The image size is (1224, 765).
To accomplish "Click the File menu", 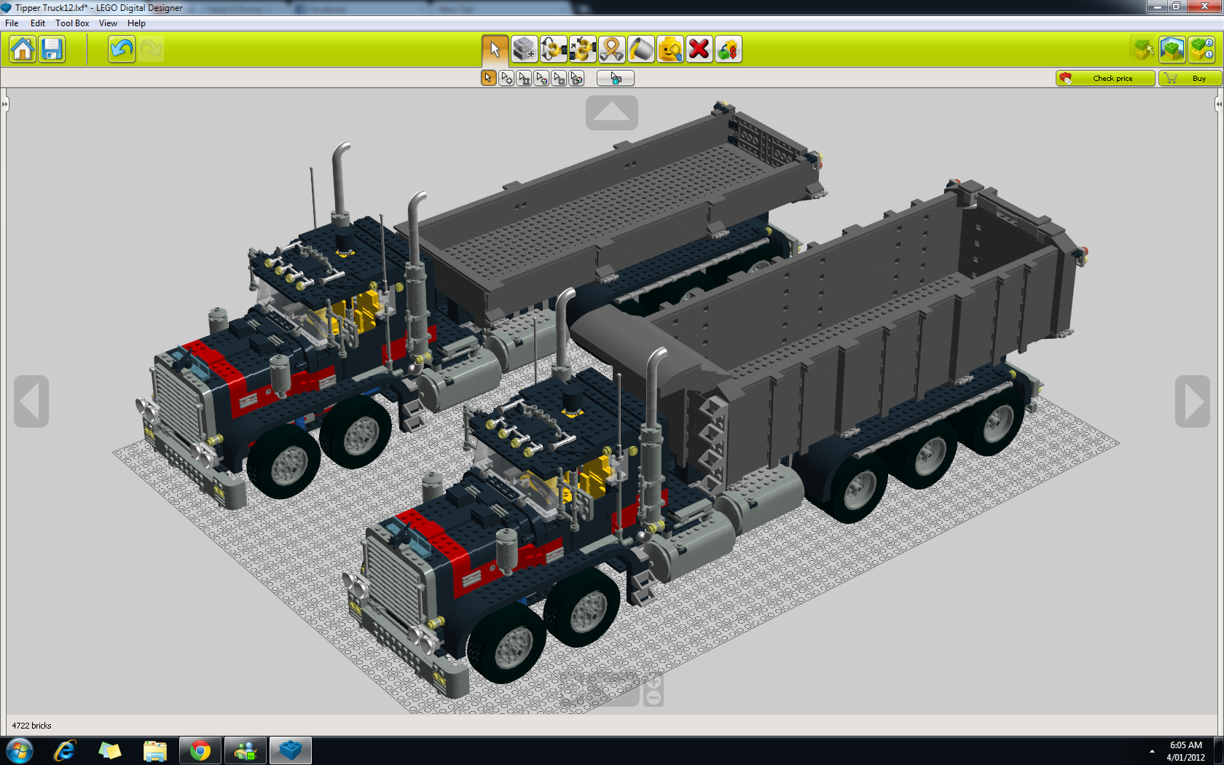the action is click(x=12, y=23).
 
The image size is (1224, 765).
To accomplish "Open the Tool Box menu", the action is click(x=72, y=23).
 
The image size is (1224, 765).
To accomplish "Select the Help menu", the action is click(x=136, y=23).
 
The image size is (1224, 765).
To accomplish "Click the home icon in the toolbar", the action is click(x=23, y=50).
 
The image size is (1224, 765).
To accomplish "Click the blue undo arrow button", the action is click(x=121, y=50).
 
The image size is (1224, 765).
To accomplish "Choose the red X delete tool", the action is click(x=699, y=50).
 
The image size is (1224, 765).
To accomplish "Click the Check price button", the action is click(x=1105, y=78).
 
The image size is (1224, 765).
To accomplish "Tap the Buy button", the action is click(x=1189, y=78).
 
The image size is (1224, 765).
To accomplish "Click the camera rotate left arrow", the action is click(x=31, y=401).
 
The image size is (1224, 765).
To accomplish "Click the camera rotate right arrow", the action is click(x=1192, y=401).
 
